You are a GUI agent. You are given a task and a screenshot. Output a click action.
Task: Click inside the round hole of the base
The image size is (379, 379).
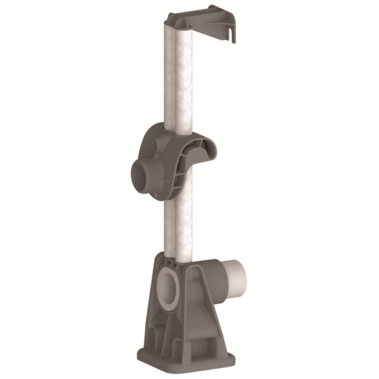(167, 287)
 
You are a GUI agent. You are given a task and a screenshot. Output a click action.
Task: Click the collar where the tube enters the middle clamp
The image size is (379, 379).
(174, 129)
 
